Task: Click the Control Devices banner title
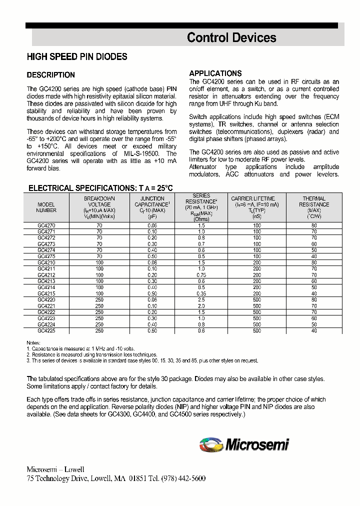coord(231,37)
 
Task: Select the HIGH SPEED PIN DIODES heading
coord(77,57)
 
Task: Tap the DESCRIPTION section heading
coord(50,75)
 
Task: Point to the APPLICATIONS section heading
coord(215,73)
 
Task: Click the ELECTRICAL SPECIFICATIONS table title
coord(100,188)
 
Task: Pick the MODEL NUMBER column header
coord(46,207)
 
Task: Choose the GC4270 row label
coord(46,226)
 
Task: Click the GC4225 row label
coord(46,331)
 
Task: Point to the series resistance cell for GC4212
coord(201,274)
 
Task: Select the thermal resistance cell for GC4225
coord(314,331)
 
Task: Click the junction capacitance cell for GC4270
coord(152,226)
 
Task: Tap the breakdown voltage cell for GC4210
coord(99,262)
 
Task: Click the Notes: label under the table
coord(33,343)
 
